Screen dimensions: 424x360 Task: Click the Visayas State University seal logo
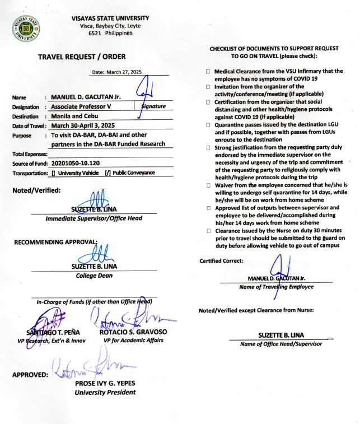(x=26, y=27)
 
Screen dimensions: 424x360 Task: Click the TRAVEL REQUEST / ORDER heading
(x=82, y=57)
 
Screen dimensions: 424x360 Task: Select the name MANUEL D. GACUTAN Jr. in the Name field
(x=90, y=97)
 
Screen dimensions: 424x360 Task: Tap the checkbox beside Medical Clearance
(x=207, y=72)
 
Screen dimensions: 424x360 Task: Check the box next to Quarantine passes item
(x=207, y=126)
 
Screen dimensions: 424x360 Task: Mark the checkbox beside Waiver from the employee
(x=207, y=185)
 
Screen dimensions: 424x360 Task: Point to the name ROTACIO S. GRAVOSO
(x=134, y=332)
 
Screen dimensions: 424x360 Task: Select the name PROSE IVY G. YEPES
(x=105, y=384)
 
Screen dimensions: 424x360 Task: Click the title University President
(x=105, y=392)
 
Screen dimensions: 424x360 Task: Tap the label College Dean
(x=94, y=275)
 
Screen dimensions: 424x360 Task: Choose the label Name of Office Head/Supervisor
(x=281, y=343)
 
